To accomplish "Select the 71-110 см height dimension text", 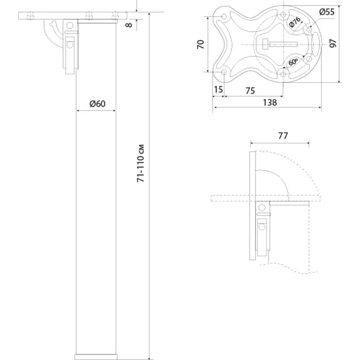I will point(142,164).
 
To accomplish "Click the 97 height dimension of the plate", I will point(333,44).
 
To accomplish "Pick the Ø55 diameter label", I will point(327,12).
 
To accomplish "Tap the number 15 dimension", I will point(219,90).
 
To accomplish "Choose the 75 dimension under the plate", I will point(250,91).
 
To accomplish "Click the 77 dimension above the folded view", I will point(283,136).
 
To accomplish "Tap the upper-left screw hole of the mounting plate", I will point(224,17).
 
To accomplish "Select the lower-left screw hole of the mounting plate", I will point(224,72).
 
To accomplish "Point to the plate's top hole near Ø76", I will point(283,15).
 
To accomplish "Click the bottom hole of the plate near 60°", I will point(283,74).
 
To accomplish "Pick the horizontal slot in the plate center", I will point(282,45).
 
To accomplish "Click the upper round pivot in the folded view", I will point(262,207).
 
